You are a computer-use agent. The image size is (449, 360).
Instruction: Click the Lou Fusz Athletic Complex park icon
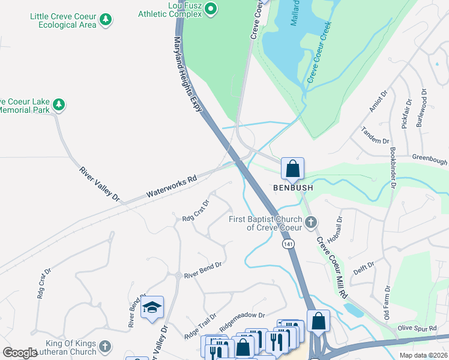pos(211,8)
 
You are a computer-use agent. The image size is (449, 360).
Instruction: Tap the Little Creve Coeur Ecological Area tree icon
pos(106,20)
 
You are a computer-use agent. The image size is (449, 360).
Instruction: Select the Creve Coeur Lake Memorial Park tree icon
pos(59,106)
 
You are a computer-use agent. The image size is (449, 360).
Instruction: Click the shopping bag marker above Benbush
pos(292,169)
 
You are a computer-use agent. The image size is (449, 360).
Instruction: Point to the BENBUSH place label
pos(293,188)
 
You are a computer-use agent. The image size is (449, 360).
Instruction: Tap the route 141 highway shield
pos(288,244)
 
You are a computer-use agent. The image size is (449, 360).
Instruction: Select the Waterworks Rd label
pos(172,187)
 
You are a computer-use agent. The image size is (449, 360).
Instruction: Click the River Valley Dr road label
pos(100,184)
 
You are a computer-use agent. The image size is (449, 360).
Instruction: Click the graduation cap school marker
pos(152,308)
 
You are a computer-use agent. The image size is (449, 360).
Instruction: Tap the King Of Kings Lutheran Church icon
pos(105,347)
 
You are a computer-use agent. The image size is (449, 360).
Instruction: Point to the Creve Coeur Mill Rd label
pos(332,268)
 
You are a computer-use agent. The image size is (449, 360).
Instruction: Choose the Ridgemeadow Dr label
pos(242,318)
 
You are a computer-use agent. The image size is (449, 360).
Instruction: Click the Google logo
pos(20,353)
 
